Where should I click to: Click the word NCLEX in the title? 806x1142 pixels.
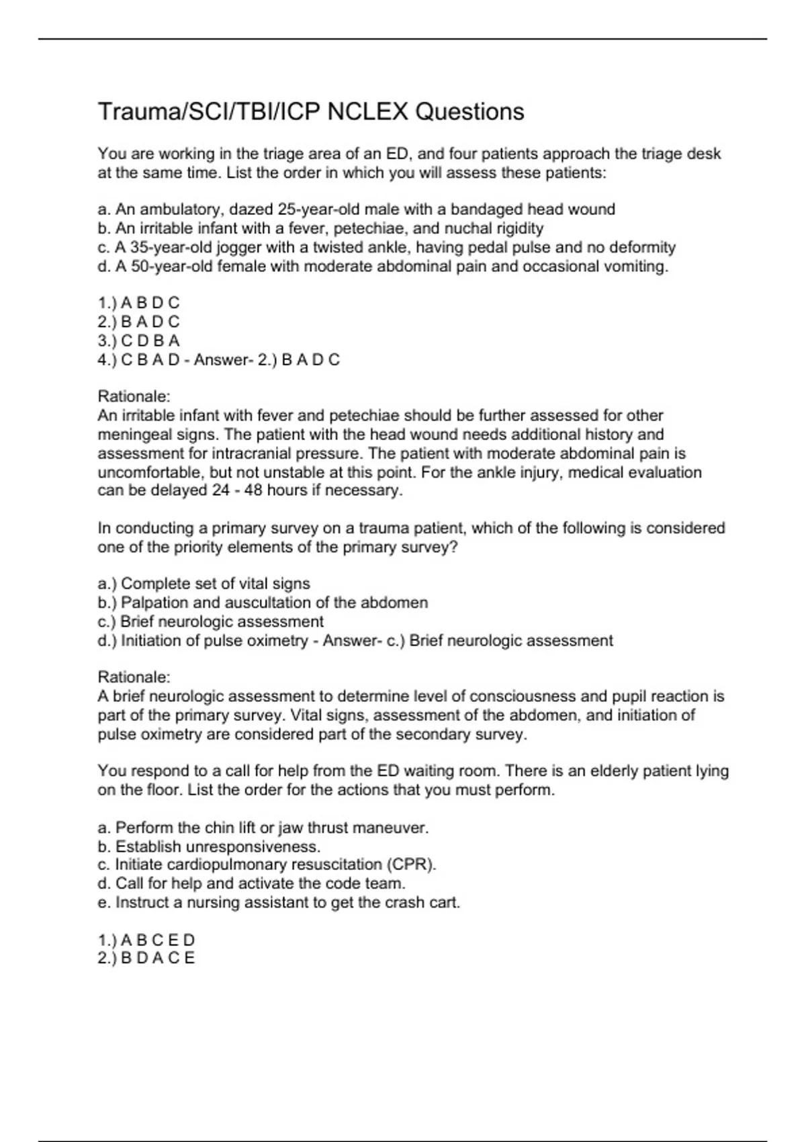pos(367,112)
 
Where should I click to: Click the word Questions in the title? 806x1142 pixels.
pos(469,112)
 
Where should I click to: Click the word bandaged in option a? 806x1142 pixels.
pos(488,210)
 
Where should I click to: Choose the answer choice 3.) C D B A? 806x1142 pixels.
pos(138,341)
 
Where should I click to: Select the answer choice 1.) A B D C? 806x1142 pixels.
pos(138,303)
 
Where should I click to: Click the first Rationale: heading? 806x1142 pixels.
pos(134,396)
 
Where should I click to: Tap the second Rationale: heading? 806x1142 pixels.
pos(134,676)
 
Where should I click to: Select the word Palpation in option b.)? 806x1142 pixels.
pos(154,603)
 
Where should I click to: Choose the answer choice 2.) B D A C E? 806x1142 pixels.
pos(146,958)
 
